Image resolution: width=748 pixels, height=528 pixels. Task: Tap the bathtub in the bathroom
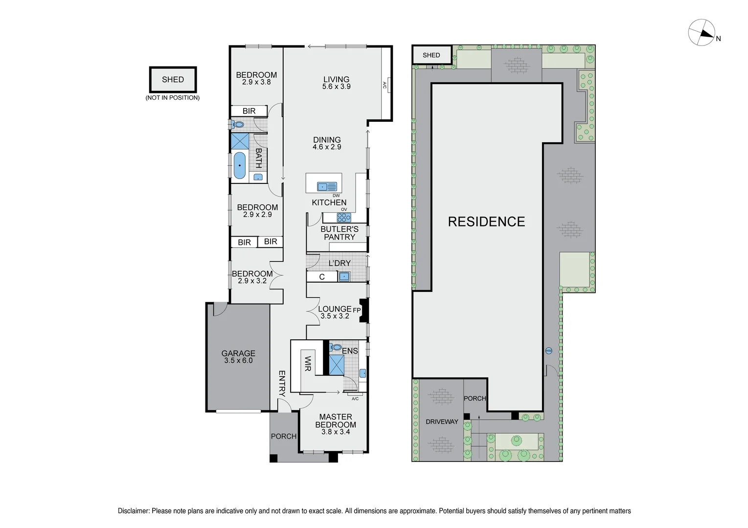[239, 165]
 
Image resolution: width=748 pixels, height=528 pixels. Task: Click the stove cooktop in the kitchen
[343, 218]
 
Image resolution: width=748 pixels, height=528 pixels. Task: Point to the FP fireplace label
[356, 310]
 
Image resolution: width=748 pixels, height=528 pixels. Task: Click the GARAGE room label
[238, 353]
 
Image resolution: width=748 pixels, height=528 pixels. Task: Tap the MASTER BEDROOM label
[336, 421]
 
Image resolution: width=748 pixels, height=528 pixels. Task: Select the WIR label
[308, 364]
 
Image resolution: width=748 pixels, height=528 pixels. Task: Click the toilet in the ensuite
[336, 348]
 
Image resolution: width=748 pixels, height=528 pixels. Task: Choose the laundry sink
[344, 277]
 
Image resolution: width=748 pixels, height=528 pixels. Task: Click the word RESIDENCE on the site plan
[486, 221]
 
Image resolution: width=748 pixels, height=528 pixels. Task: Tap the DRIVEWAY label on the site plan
[442, 421]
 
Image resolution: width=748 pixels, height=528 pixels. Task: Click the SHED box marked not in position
[173, 80]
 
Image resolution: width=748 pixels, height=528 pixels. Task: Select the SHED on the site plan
[431, 55]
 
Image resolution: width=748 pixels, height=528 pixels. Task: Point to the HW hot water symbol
[548, 351]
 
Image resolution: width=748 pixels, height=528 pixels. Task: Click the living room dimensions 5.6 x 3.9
[336, 87]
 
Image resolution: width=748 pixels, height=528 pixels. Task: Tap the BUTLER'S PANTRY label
[339, 233]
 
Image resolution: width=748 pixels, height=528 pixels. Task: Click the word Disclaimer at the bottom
[133, 511]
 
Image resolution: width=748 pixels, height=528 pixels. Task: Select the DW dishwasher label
[336, 196]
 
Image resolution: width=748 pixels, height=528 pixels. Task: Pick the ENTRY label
[282, 383]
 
